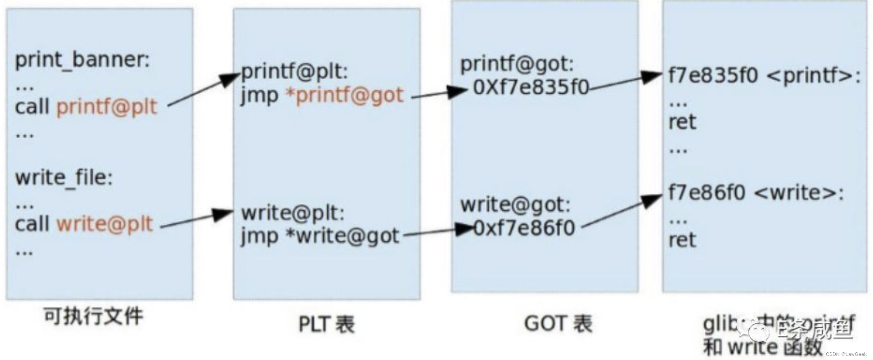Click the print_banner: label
[82, 60]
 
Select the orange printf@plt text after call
[106, 107]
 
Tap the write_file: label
[64, 178]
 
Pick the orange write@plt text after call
[104, 224]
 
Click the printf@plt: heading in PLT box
[294, 72]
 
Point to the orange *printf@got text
[344, 95]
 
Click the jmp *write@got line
[320, 236]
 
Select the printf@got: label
[517, 64]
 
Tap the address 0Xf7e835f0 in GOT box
[531, 87]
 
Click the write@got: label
[515, 205]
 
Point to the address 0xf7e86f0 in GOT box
[524, 228]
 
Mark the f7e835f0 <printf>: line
[764, 75]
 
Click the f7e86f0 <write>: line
[756, 193]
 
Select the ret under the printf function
[682, 122]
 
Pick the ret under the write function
[682, 240]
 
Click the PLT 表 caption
[326, 324]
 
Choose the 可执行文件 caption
[94, 316]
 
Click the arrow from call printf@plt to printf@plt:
[203, 90]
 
